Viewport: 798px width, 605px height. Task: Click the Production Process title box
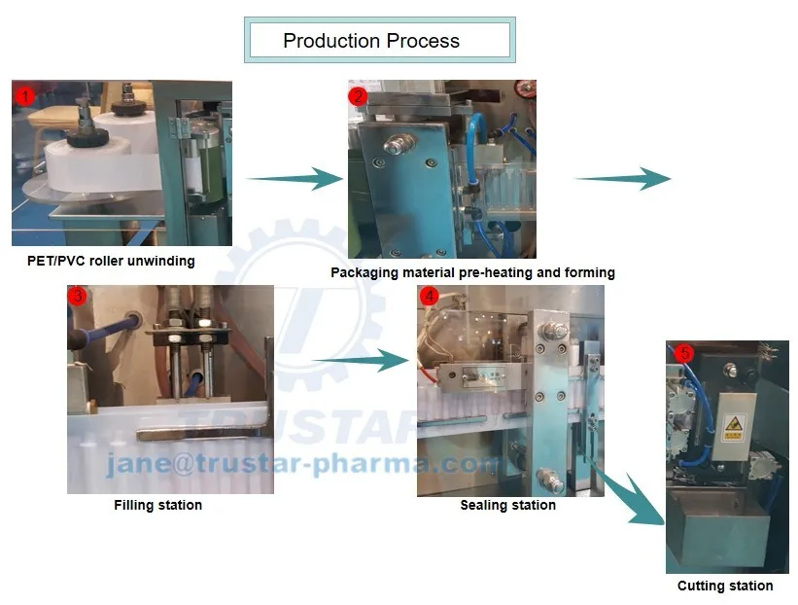tap(379, 41)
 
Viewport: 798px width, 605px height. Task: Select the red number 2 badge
tap(359, 95)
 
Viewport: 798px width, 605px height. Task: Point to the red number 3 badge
tap(78, 297)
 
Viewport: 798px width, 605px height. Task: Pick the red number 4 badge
tap(429, 297)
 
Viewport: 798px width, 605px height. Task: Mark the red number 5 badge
tap(684, 354)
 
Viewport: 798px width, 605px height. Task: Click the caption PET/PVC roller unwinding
tap(111, 261)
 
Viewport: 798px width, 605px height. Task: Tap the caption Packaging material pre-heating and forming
tap(472, 272)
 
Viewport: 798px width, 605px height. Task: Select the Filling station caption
tap(157, 505)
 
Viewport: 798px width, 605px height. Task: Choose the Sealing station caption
tap(507, 505)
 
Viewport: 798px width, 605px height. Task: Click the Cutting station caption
tap(725, 586)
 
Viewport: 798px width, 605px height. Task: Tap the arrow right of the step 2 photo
tap(623, 178)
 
